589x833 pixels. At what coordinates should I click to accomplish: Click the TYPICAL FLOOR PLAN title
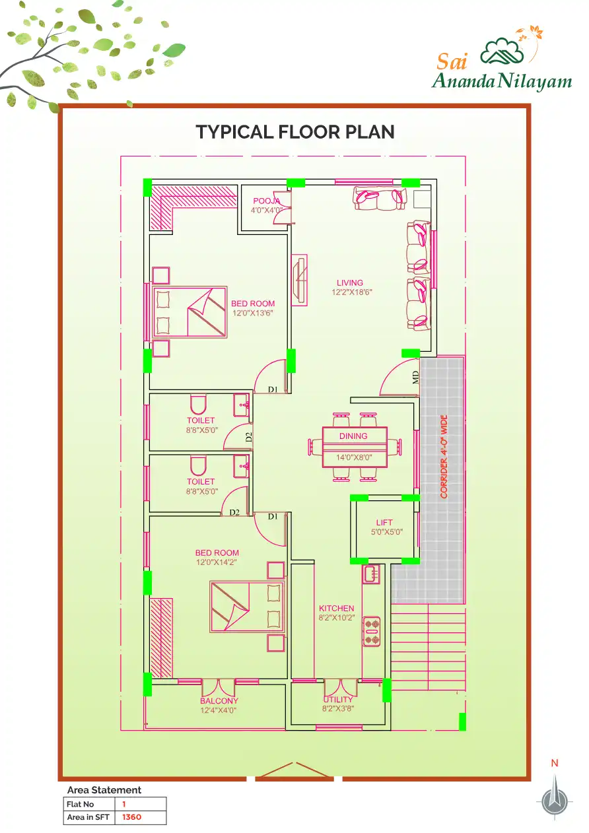click(295, 132)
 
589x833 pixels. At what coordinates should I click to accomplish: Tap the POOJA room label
click(266, 201)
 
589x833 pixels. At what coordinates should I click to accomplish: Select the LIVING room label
click(350, 283)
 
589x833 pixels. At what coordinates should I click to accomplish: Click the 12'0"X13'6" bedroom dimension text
click(253, 313)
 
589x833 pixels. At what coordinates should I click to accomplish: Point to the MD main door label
click(415, 378)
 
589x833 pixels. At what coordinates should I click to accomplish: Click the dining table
click(355, 448)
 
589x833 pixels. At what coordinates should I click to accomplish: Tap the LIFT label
click(384, 523)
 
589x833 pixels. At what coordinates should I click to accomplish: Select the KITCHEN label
click(336, 609)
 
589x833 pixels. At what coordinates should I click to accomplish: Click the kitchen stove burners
click(371, 631)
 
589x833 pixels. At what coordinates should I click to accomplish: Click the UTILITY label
click(338, 700)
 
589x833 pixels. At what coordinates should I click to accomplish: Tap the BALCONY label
click(219, 701)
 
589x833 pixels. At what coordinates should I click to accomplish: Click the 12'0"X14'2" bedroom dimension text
click(217, 562)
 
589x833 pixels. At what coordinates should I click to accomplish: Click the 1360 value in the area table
click(131, 817)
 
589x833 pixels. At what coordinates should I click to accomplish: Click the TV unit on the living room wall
click(299, 281)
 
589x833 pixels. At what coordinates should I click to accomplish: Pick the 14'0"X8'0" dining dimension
click(354, 457)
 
